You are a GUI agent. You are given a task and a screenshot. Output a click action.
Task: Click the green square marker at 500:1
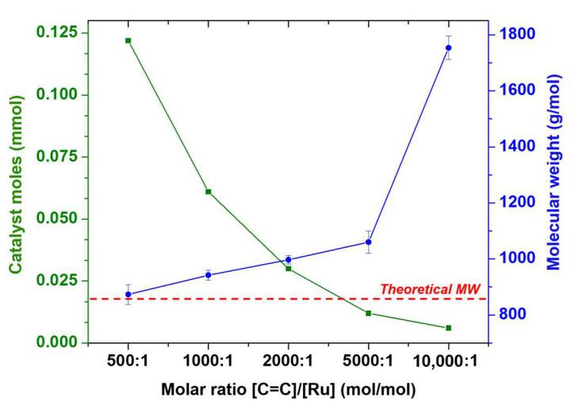(128, 40)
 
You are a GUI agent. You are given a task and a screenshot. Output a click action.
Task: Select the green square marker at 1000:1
(208, 192)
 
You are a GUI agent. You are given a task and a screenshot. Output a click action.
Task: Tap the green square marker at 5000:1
(368, 314)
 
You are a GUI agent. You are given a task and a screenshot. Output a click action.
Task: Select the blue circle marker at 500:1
(128, 295)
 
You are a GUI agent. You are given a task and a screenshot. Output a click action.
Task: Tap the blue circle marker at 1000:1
(208, 275)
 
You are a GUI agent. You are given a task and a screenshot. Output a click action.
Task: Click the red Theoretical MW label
(425, 289)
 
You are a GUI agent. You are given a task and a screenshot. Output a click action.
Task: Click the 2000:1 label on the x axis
(288, 357)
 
